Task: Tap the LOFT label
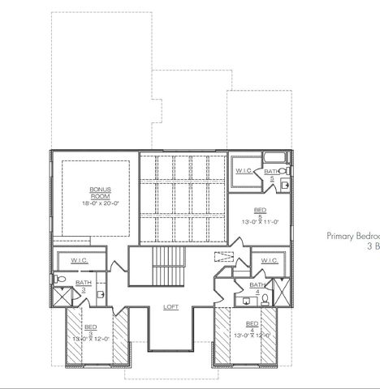click(171, 307)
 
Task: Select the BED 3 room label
click(90, 329)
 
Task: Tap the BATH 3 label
click(84, 285)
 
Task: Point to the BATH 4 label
click(257, 289)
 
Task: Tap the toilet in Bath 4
click(265, 300)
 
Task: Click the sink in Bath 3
click(99, 294)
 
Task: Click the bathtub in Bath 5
click(277, 157)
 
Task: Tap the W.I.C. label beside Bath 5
click(244, 172)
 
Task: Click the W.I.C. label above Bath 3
click(79, 261)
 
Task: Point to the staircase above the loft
click(171, 259)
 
